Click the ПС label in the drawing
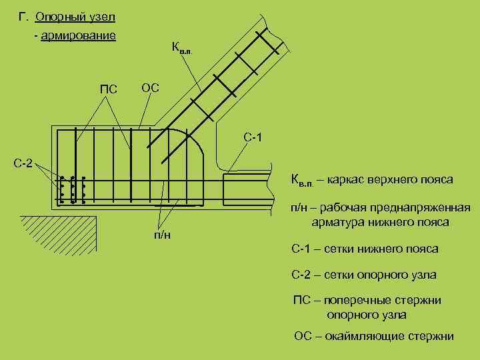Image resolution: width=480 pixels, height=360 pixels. pos(109,89)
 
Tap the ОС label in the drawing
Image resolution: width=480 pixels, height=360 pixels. pos(149,88)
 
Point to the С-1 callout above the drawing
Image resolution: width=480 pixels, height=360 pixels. pos(253,138)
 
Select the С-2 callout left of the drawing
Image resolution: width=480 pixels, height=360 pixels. pos(24,163)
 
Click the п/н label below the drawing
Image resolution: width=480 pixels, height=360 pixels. pos(162,236)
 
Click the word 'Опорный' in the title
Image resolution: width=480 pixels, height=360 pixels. pos(57,15)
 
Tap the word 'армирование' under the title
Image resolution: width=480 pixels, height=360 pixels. pos(78,35)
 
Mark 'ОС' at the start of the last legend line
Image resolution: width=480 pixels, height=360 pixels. pos(303,336)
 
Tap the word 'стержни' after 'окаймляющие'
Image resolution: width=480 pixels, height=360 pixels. pos(432,336)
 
